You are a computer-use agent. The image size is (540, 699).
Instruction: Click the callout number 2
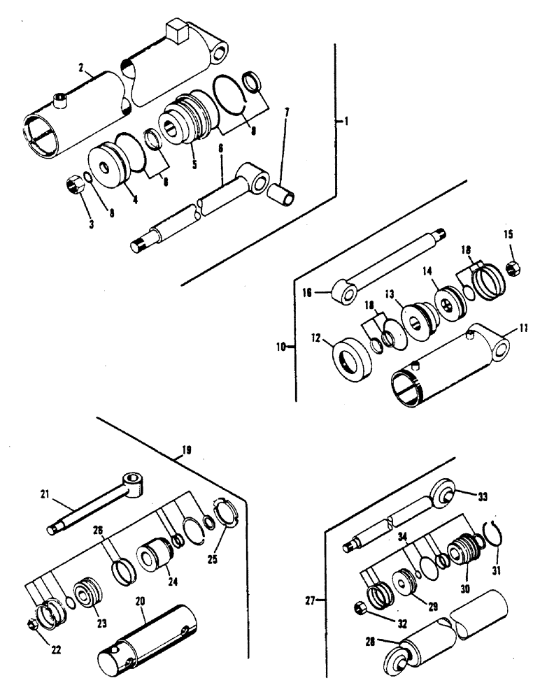82,68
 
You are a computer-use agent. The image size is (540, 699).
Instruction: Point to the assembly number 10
281,345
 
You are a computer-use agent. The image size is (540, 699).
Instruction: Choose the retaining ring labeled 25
232,531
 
